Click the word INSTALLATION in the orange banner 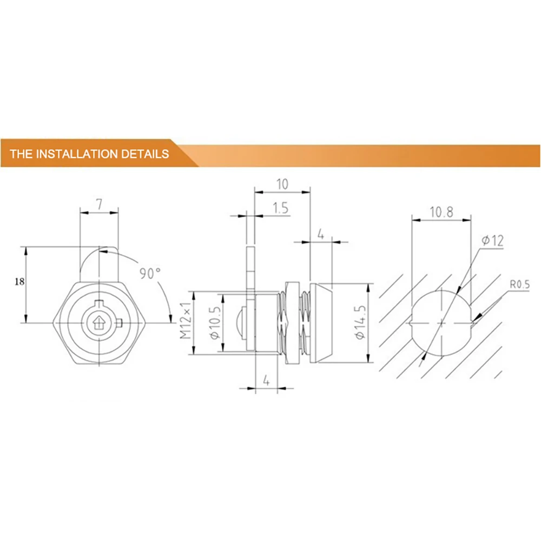click(x=77, y=154)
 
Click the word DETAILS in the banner click(x=145, y=154)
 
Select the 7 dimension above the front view click(x=100, y=204)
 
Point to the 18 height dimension click(x=19, y=281)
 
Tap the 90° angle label click(x=150, y=273)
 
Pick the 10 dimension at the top click(x=282, y=184)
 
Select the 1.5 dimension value click(x=280, y=208)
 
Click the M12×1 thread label click(x=185, y=320)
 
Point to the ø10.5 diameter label click(x=215, y=323)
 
